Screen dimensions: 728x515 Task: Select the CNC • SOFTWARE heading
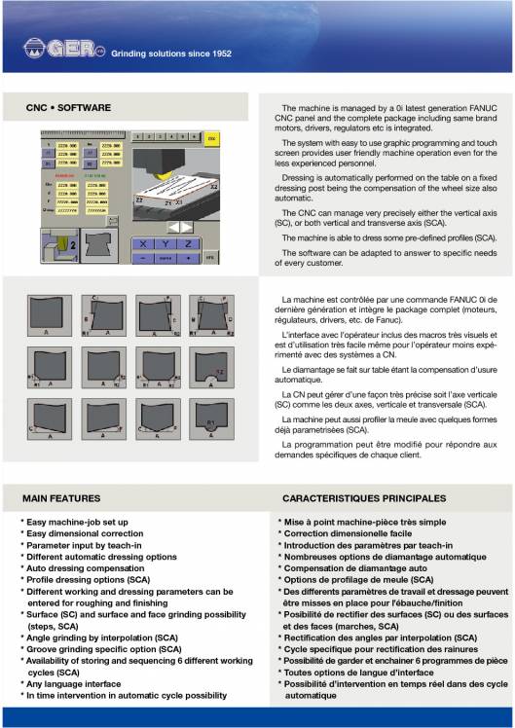[68, 108]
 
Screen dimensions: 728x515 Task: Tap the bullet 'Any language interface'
[84, 683]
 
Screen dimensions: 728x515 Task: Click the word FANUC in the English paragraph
[487, 108]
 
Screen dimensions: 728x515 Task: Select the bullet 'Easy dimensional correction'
[89, 533]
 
